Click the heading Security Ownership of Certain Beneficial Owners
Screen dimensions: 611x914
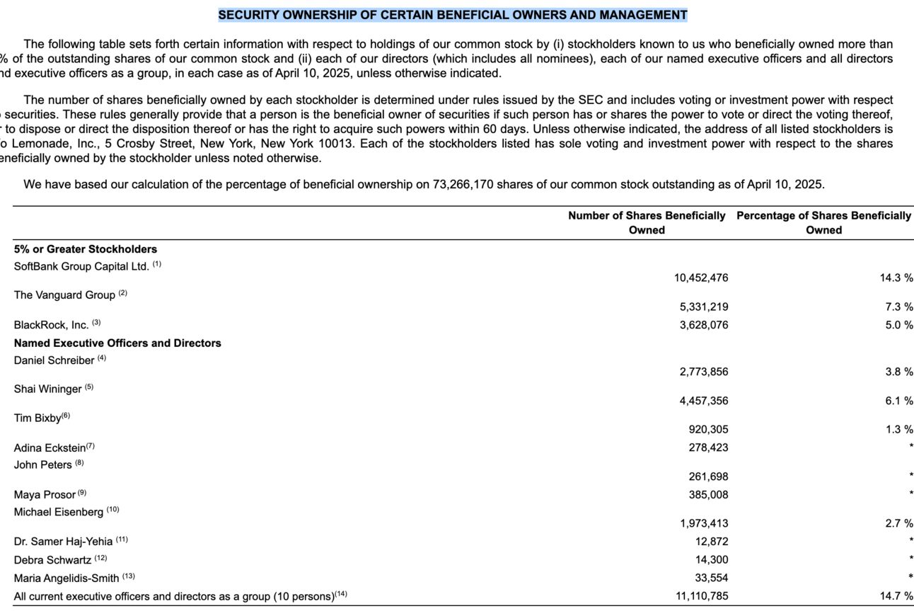click(453, 15)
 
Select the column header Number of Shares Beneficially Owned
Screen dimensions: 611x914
click(647, 222)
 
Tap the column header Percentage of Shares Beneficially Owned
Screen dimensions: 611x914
click(823, 222)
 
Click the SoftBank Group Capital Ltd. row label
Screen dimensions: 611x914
click(81, 267)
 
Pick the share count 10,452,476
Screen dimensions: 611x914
click(701, 278)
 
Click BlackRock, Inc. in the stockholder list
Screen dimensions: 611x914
click(51, 325)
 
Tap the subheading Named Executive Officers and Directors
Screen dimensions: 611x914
click(117, 343)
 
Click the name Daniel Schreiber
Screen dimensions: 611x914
click(54, 360)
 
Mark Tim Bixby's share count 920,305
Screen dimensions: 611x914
click(708, 429)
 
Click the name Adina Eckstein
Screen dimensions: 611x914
click(50, 447)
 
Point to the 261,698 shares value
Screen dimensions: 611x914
click(708, 476)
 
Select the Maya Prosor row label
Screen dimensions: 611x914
click(45, 495)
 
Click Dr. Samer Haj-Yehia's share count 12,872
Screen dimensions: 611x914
click(712, 542)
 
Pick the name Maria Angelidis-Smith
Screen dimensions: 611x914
click(66, 578)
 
